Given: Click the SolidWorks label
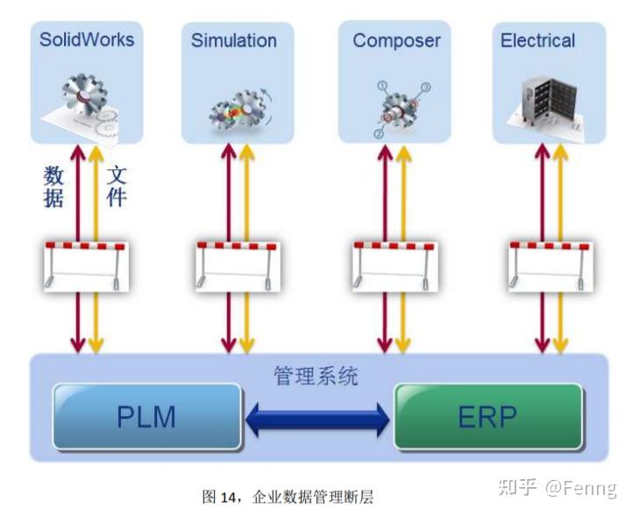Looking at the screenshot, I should [x=86, y=39].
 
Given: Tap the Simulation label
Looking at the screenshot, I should [x=234, y=40].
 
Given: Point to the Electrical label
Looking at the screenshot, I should [x=537, y=40].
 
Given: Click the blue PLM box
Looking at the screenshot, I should [x=146, y=416].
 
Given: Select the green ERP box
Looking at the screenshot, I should [x=488, y=416].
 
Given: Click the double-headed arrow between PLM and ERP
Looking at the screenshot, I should [x=318, y=418].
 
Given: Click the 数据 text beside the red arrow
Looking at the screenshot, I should [x=54, y=186].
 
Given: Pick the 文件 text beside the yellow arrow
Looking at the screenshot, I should [x=117, y=186].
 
